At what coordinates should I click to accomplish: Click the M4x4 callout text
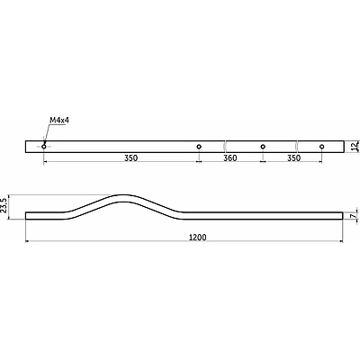coord(59,121)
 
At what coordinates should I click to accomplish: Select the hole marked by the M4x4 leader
coord(44,147)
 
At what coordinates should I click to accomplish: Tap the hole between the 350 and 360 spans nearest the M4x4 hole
coord(199,147)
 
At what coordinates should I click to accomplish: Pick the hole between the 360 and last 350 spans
coord(263,147)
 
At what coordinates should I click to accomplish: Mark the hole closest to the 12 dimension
coord(322,147)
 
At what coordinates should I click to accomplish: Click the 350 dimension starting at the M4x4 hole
coord(131,158)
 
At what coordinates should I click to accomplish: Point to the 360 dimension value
coord(230,158)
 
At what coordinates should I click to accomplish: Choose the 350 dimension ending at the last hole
coord(294,158)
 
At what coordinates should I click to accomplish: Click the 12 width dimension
coord(355,147)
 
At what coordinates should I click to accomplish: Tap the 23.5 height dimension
coord(4,205)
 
